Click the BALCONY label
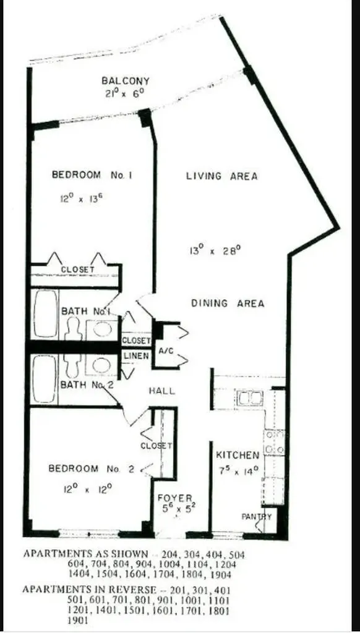126,81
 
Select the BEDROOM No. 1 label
93,176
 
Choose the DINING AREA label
227,304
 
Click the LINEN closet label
135,356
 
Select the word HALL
161,391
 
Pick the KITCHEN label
238,456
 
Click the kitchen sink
250,398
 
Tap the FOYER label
175,498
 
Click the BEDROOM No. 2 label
92,469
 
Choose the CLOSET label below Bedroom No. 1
77,270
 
